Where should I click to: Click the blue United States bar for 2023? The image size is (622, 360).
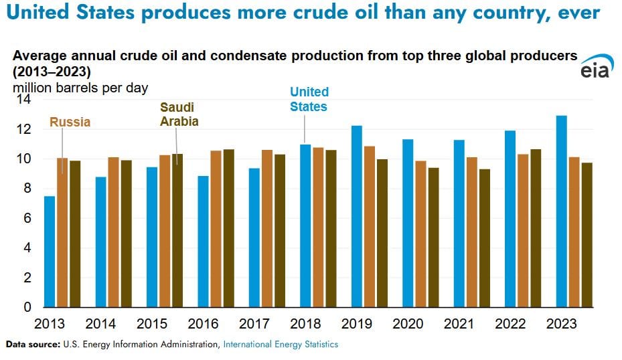(561, 211)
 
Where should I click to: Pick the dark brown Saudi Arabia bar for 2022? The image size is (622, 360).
(536, 228)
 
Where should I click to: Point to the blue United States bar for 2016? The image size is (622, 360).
(204, 242)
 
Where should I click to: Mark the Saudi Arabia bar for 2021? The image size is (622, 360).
(484, 238)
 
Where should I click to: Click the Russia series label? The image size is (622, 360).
(70, 122)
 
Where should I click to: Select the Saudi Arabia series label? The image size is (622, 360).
(179, 114)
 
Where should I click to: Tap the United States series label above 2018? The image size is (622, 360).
(309, 99)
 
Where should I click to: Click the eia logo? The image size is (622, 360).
(595, 68)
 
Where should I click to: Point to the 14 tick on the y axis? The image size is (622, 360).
(24, 100)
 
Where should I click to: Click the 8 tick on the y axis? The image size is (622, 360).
(27, 189)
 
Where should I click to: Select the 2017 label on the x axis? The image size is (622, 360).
(254, 325)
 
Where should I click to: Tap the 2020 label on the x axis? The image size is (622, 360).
(408, 325)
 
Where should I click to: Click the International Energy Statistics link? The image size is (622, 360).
(281, 345)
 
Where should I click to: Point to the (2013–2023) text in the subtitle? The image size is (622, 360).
(51, 72)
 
